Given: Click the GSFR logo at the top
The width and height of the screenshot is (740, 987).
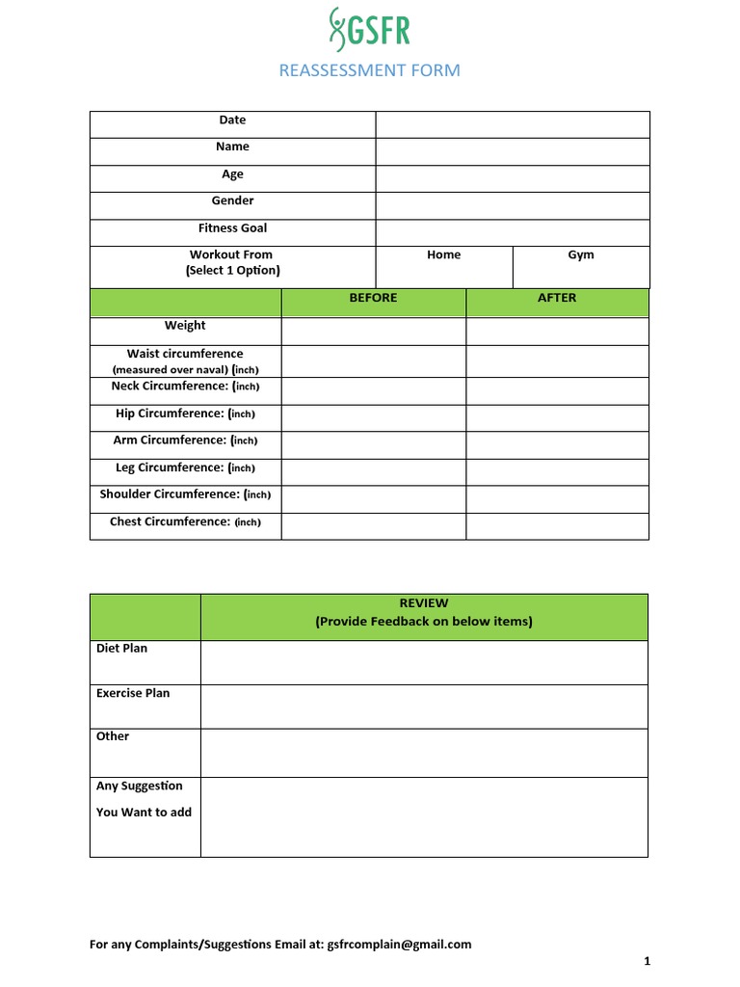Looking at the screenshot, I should pos(369,30).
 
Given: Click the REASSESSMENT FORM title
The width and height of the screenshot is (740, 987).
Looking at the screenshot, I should pos(369,70).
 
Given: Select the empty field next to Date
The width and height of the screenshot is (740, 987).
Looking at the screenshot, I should pos(512,124).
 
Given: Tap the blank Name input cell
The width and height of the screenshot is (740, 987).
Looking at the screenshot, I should pos(512,151).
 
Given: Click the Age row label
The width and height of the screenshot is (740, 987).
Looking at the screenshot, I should pos(232,174).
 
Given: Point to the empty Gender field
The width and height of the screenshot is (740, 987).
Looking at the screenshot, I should pos(512,205).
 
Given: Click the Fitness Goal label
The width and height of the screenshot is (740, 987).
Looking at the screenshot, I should pos(232,228).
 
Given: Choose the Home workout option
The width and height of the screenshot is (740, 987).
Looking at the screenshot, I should pos(443,255).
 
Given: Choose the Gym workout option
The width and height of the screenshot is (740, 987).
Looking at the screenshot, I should pos(581,255).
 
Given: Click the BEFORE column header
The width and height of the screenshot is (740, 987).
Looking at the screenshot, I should pos(373,298).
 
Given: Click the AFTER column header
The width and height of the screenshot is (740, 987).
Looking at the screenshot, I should pos(557,298).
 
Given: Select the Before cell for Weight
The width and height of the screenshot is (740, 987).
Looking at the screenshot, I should pos(373,331).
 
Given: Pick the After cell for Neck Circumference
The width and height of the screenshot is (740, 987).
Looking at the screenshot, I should pos(557,390).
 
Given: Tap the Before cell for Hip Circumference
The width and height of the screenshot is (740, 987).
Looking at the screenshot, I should pos(373,417).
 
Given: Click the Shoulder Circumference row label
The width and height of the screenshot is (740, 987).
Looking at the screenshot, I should pos(185,494).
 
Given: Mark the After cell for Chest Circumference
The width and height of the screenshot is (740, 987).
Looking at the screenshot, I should pos(557,525).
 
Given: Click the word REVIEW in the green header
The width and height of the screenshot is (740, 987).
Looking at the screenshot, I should pos(424,603).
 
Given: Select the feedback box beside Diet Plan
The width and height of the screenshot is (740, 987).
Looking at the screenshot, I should pos(424,662).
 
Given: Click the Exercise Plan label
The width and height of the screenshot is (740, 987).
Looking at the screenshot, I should pos(133,693).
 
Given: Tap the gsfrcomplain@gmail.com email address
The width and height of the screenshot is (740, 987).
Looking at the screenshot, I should pos(399,945).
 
